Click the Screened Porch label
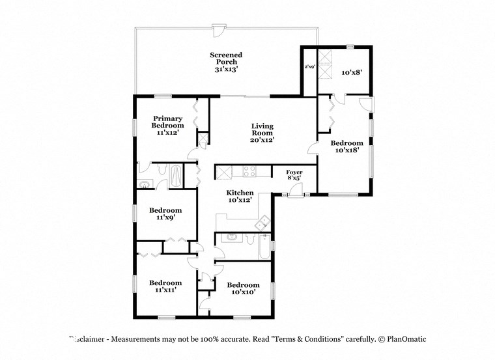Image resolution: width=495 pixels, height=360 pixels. pos(226,62)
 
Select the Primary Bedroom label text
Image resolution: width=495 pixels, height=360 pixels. pos(167,126)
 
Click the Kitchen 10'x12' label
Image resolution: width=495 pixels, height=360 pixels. pos(240,197)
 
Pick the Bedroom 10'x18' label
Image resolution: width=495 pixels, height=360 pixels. pos(346,146)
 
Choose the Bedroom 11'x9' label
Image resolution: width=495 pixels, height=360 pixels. pos(165,214)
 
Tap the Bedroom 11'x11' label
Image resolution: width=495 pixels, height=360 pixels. pos(165,286)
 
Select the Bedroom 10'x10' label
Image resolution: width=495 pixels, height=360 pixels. pos(243,288)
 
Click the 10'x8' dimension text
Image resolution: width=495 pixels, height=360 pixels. pos(352,73)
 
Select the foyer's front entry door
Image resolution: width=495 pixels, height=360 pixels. pos(297,190)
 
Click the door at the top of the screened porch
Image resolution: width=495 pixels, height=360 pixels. pos(218,31)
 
